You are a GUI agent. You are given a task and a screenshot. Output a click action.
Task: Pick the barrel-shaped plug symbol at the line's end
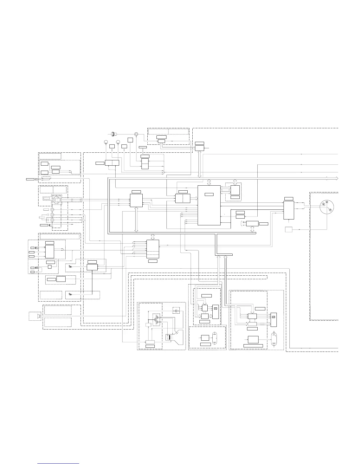pyautogui.click(x=114, y=134)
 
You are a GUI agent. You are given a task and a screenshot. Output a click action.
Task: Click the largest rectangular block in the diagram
pyautogui.click(x=209, y=205)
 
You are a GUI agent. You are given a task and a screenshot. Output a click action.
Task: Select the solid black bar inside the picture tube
pyautogui.click(x=169, y=337)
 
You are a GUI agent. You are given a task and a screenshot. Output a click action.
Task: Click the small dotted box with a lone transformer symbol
pyautogui.click(x=176, y=311)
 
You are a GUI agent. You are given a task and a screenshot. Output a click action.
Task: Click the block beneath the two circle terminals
pyautogui.click(x=112, y=163)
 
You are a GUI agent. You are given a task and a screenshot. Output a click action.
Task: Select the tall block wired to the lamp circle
pyautogui.click(x=289, y=210)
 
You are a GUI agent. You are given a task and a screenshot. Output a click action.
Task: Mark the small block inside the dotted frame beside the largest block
pyautogui.click(x=235, y=190)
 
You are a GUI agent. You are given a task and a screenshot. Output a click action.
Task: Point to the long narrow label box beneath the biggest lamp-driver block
pyautogui.click(x=253, y=345)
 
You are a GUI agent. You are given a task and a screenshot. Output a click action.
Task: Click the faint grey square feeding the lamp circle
pyautogui.click(x=289, y=229)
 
